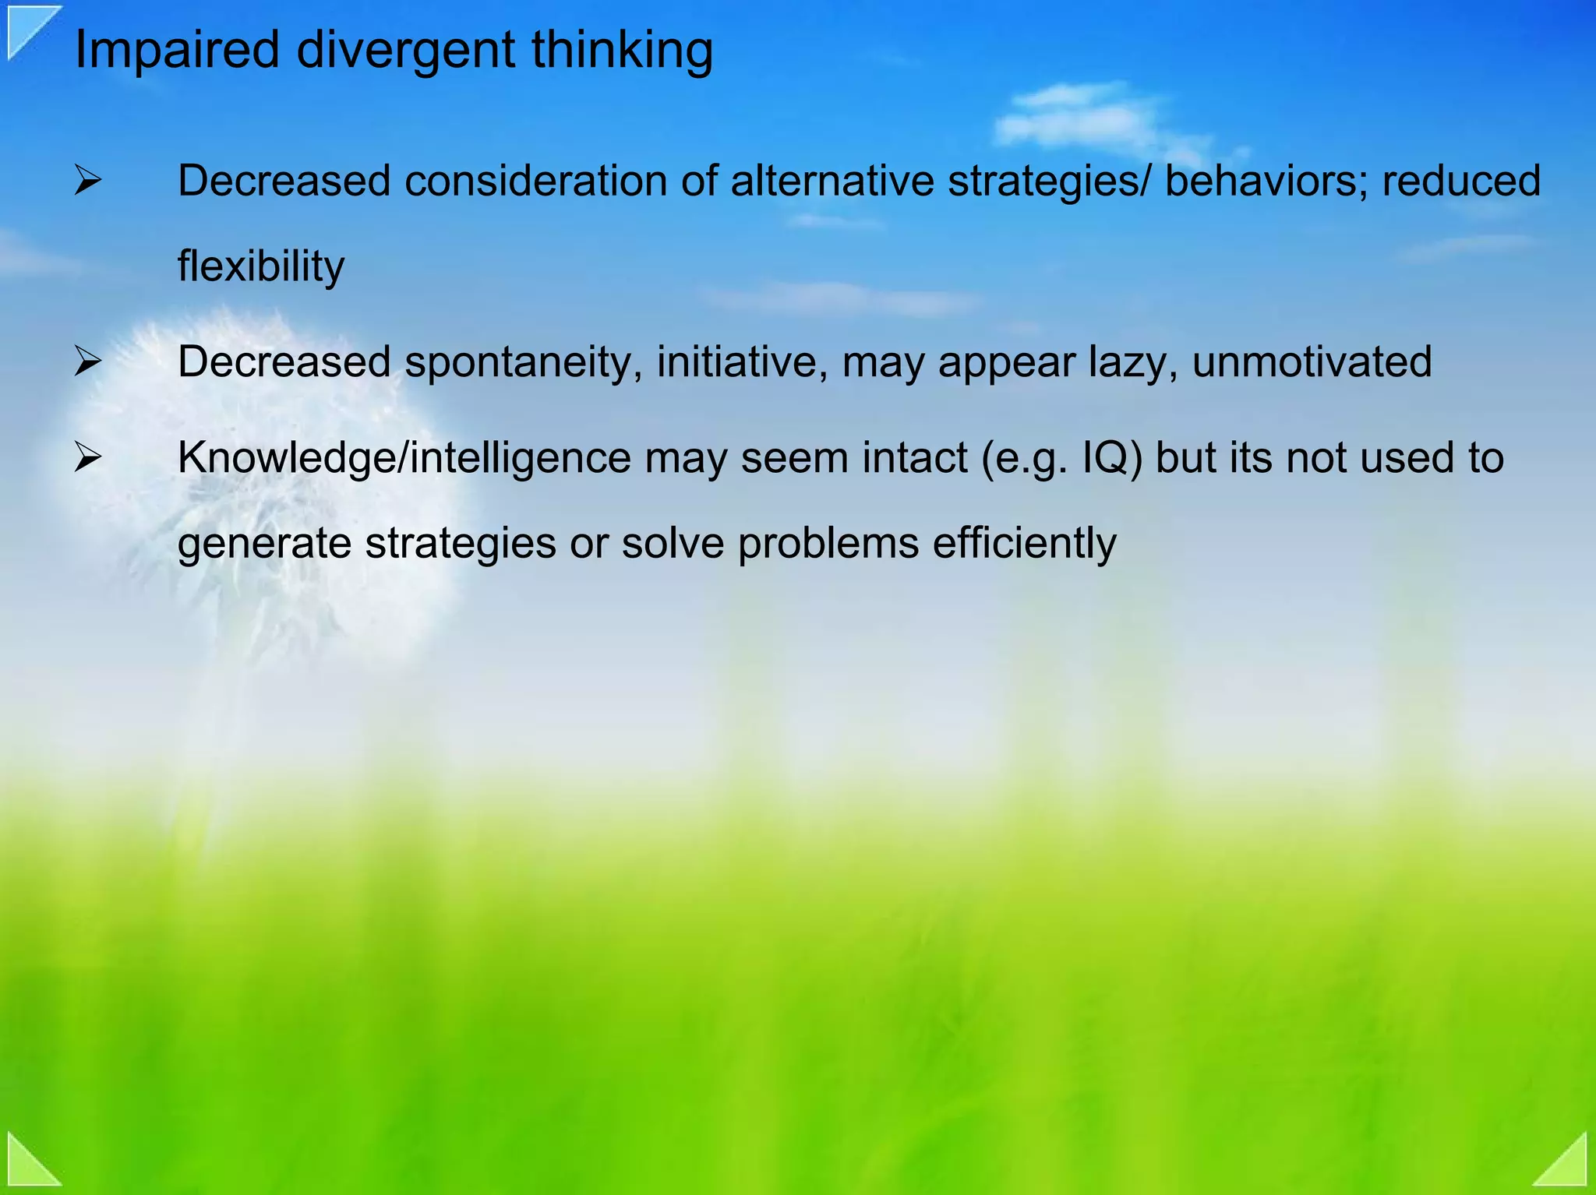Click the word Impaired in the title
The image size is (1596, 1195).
176,50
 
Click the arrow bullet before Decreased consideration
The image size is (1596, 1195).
87,182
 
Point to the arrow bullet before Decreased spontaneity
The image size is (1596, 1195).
87,363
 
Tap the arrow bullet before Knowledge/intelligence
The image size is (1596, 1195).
87,458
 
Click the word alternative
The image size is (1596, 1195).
832,181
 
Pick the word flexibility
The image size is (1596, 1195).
260,266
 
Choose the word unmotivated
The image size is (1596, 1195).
1312,361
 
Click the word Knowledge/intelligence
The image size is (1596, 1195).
404,458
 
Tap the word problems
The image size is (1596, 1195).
828,543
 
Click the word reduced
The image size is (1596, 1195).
1461,181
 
